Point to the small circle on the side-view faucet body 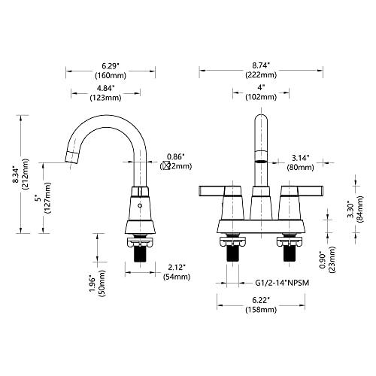(x=140, y=205)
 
